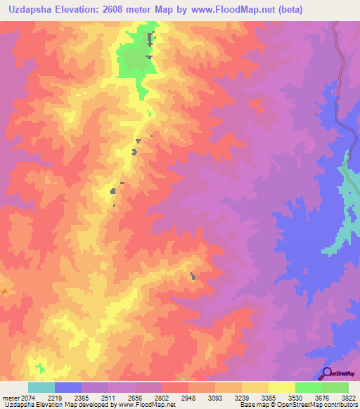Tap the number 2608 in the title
tap(141, 11)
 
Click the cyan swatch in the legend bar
tap(41, 387)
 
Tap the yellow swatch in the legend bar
tap(281, 387)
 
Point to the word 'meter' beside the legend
tap(11, 397)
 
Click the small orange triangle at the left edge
tap(4, 290)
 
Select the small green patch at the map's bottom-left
tap(40, 367)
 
